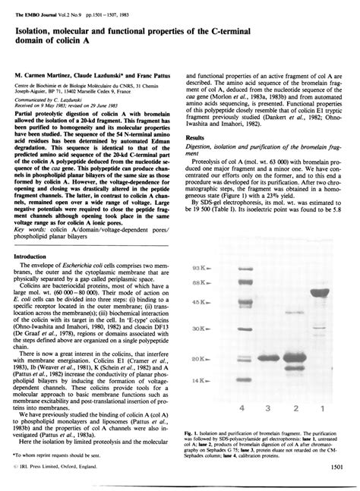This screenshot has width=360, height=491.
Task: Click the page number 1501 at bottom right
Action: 339,477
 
